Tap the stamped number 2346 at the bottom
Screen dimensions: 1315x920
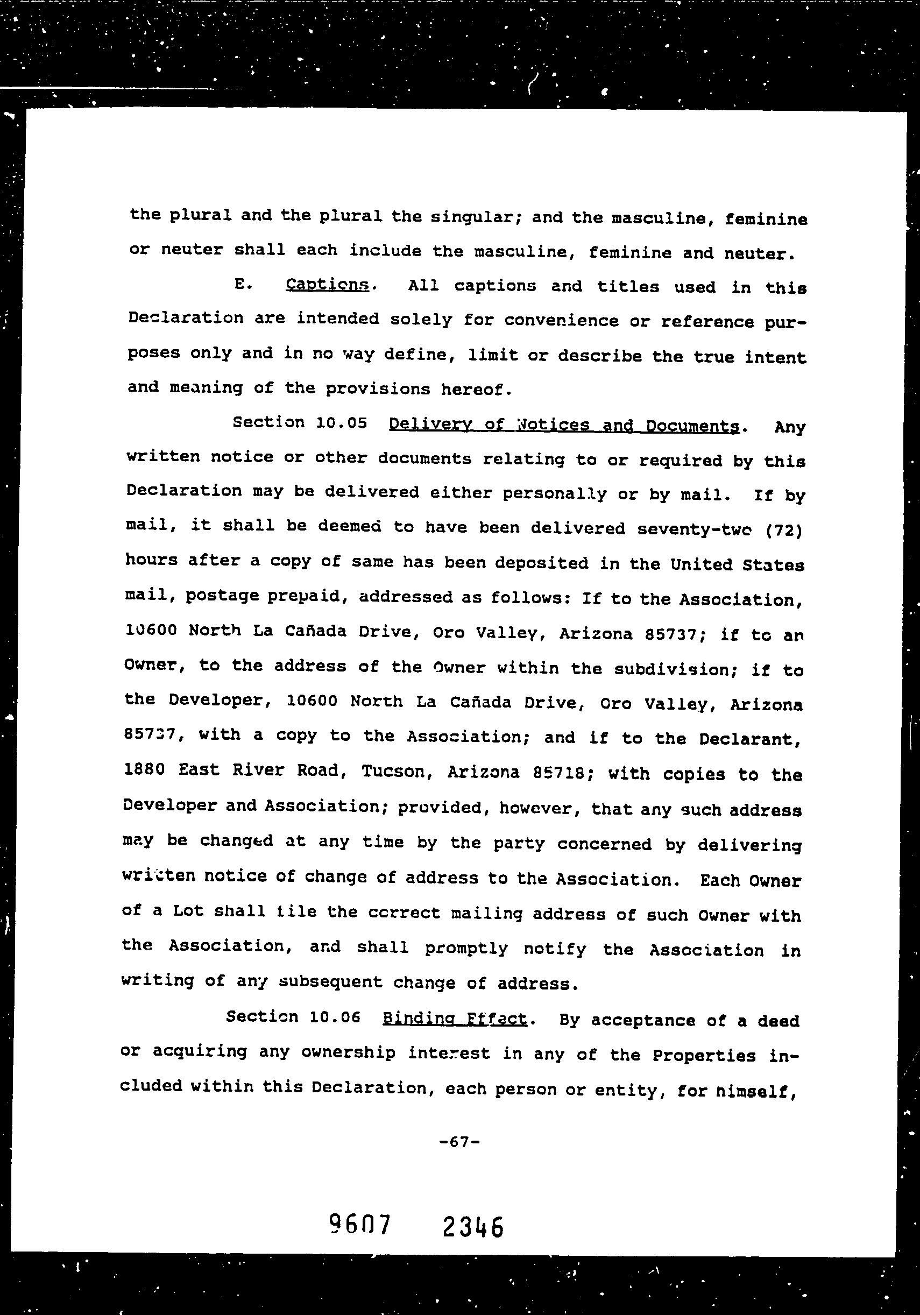[473, 1227]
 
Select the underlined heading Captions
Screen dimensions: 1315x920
[328, 285]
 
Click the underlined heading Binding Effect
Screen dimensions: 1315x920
[454, 1019]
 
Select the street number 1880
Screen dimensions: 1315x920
[144, 769]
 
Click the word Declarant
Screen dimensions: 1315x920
[750, 739]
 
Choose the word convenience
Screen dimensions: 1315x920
[561, 320]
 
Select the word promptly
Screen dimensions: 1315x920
[466, 949]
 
